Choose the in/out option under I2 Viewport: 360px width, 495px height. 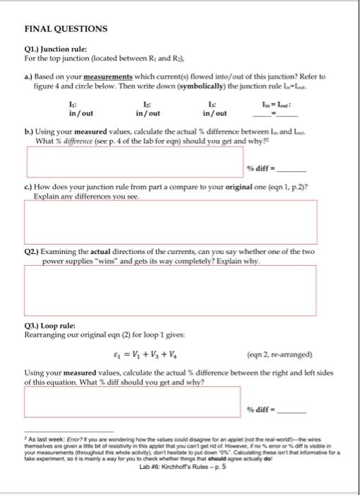tap(148, 112)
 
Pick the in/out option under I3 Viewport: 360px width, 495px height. tap(214, 112)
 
